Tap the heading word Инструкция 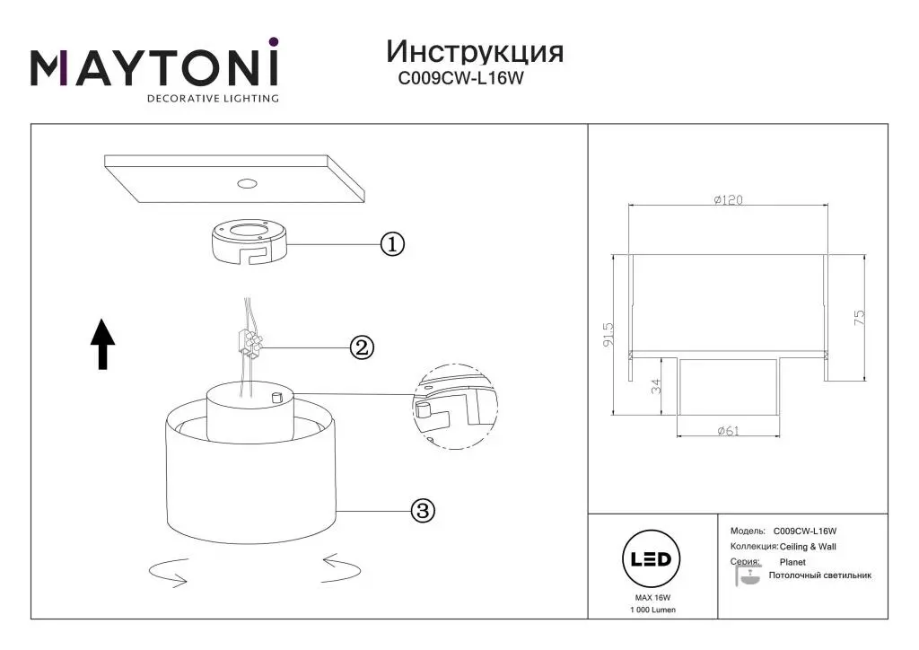pos(475,50)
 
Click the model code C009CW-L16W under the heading pos(460,79)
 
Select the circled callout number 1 pos(392,244)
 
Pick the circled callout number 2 pos(361,347)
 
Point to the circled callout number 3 pos(423,511)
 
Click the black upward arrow pos(103,344)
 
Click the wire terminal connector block pos(249,343)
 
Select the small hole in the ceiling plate pos(244,185)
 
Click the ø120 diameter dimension pos(728,201)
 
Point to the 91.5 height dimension pos(608,335)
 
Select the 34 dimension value pos(655,387)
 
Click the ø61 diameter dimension pos(728,431)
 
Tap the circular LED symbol pos(652,559)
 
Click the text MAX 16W pos(652,597)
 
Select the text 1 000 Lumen pos(652,610)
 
